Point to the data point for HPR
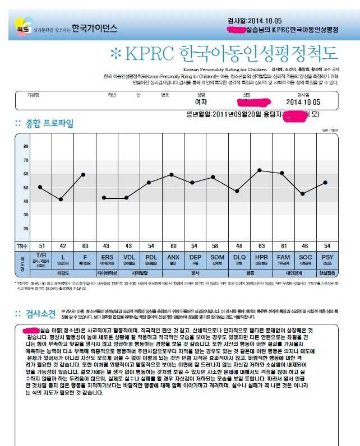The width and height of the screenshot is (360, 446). [x=259, y=170]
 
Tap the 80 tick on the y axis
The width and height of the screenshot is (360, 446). [x=26, y=146]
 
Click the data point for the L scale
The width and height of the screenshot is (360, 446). [x=61, y=199]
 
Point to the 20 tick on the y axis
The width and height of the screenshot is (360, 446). [x=26, y=229]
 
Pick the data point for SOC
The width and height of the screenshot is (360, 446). [x=303, y=194]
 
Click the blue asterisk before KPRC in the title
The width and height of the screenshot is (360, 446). [x=116, y=54]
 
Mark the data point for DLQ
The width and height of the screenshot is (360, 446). [x=237, y=191]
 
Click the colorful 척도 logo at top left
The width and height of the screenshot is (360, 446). [x=22, y=26]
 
